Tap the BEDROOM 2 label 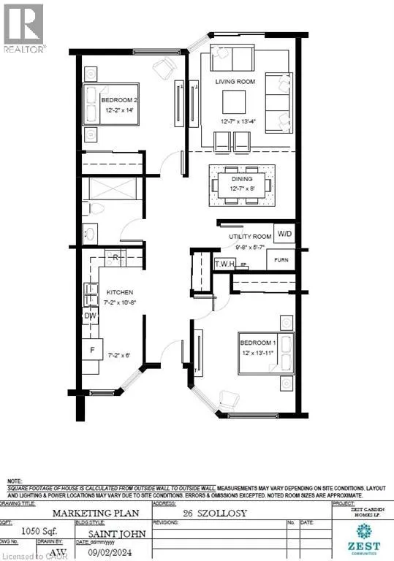pos(117,99)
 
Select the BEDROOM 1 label pos(258,344)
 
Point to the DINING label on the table pos(242,179)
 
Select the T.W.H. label pos(224,264)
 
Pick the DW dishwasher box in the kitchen pos(91,316)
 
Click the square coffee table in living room pos(235,99)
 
